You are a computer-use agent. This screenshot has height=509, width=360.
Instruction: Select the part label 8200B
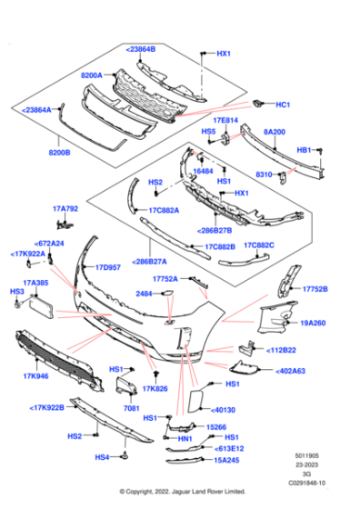pos(61,154)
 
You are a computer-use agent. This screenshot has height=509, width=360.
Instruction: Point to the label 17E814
pos(225,119)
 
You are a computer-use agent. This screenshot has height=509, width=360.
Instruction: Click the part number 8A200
pos(275,131)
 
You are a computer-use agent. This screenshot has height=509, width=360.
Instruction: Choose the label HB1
pos(305,149)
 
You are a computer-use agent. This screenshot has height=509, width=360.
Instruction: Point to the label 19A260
pos(315,321)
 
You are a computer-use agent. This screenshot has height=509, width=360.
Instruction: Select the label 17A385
pos(37,283)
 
